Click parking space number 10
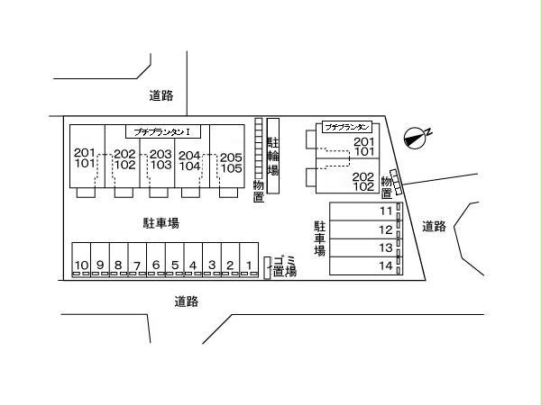coord(81,264)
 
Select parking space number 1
coord(248,264)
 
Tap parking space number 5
coord(174,264)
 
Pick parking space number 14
coord(386,265)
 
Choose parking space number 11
coord(386,211)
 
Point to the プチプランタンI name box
coord(168,130)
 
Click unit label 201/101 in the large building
coord(84,158)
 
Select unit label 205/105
coord(231,163)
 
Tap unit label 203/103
coord(160,159)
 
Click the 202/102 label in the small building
coord(363,182)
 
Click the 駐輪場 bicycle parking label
coord(273,155)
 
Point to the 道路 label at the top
coord(161,95)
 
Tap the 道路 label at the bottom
coord(186,301)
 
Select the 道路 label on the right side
coord(435,227)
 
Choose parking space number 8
coord(118,264)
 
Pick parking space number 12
coord(386,229)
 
